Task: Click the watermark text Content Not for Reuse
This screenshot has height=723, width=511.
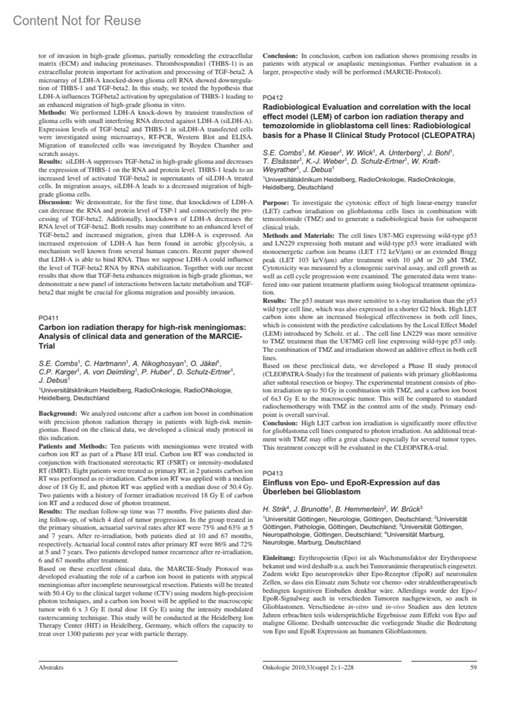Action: [77, 20]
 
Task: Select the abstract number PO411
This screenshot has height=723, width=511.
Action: [48, 318]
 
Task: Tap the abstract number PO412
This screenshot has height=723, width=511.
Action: [273, 98]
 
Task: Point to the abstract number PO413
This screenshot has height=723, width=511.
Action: [273, 473]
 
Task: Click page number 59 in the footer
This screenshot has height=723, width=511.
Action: [473, 667]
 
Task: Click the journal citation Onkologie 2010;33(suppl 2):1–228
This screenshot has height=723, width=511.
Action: [308, 667]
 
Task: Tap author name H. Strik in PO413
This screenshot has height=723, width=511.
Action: [273, 509]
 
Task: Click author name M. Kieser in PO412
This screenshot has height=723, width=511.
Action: [321, 152]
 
